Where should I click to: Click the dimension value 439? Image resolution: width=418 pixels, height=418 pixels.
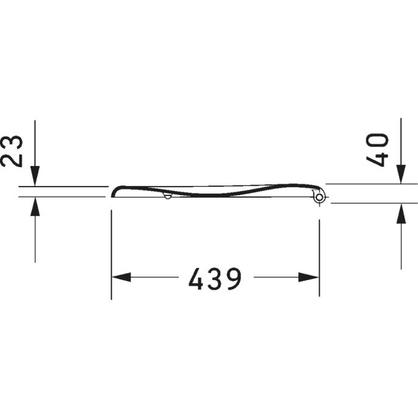pyautogui.click(x=215, y=279)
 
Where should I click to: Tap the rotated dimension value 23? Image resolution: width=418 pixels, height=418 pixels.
pyautogui.click(x=13, y=151)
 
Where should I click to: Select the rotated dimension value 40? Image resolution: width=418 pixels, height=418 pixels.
pyautogui.click(x=379, y=150)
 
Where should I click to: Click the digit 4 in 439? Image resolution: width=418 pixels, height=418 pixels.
pyautogui.click(x=196, y=279)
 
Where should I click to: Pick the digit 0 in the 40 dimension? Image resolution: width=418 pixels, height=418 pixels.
pyautogui.click(x=379, y=141)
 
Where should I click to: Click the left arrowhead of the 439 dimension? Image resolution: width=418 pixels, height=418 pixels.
pyautogui.click(x=120, y=278)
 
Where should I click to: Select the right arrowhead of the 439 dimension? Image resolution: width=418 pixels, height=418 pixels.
pyautogui.click(x=309, y=278)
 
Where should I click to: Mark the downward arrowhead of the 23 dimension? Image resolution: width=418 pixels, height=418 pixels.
pyautogui.click(x=35, y=176)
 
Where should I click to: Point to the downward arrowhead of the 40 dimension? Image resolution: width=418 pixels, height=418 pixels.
pyautogui.click(x=401, y=174)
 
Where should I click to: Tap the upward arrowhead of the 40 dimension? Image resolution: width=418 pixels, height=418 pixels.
pyautogui.click(x=401, y=213)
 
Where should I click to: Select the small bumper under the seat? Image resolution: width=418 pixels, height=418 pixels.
pyautogui.click(x=167, y=196)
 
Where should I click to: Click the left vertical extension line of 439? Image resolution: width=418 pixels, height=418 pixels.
pyautogui.click(x=111, y=256)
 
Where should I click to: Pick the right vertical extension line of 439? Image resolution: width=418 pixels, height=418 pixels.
pyautogui.click(x=319, y=256)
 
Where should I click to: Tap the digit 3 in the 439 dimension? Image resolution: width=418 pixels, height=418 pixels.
pyautogui.click(x=215, y=279)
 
